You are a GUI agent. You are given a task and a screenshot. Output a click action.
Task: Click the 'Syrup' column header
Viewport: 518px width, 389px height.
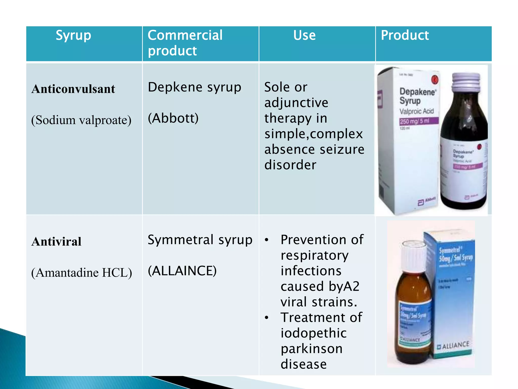(73, 35)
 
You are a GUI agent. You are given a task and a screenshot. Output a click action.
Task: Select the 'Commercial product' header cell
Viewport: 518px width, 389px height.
(185, 43)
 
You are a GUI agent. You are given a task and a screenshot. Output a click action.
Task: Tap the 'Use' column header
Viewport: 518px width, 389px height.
(304, 35)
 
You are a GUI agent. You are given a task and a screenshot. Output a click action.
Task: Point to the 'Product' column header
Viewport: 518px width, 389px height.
(405, 35)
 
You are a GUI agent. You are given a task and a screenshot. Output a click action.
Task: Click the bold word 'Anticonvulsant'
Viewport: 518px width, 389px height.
(73, 89)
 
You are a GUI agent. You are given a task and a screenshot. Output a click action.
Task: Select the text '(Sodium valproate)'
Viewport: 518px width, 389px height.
(81, 120)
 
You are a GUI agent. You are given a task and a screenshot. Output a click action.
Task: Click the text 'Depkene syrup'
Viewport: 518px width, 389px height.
(195, 88)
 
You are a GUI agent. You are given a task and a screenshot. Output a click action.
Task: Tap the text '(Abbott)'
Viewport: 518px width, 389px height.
(173, 118)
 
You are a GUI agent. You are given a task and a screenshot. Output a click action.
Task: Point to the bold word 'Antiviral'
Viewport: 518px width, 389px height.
(56, 242)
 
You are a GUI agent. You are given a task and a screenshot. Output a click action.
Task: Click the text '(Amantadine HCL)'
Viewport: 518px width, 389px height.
(81, 273)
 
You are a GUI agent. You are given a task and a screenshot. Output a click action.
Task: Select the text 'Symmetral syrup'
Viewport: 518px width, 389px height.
(200, 240)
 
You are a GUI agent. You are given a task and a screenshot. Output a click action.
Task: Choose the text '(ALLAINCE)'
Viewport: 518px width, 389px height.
(182, 271)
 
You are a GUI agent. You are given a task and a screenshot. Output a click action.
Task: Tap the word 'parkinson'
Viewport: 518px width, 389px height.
(312, 349)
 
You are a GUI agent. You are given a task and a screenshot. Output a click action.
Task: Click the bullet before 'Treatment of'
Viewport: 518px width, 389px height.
(266, 318)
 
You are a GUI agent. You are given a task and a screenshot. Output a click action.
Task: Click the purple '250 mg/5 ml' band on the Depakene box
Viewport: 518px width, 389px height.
(418, 121)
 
